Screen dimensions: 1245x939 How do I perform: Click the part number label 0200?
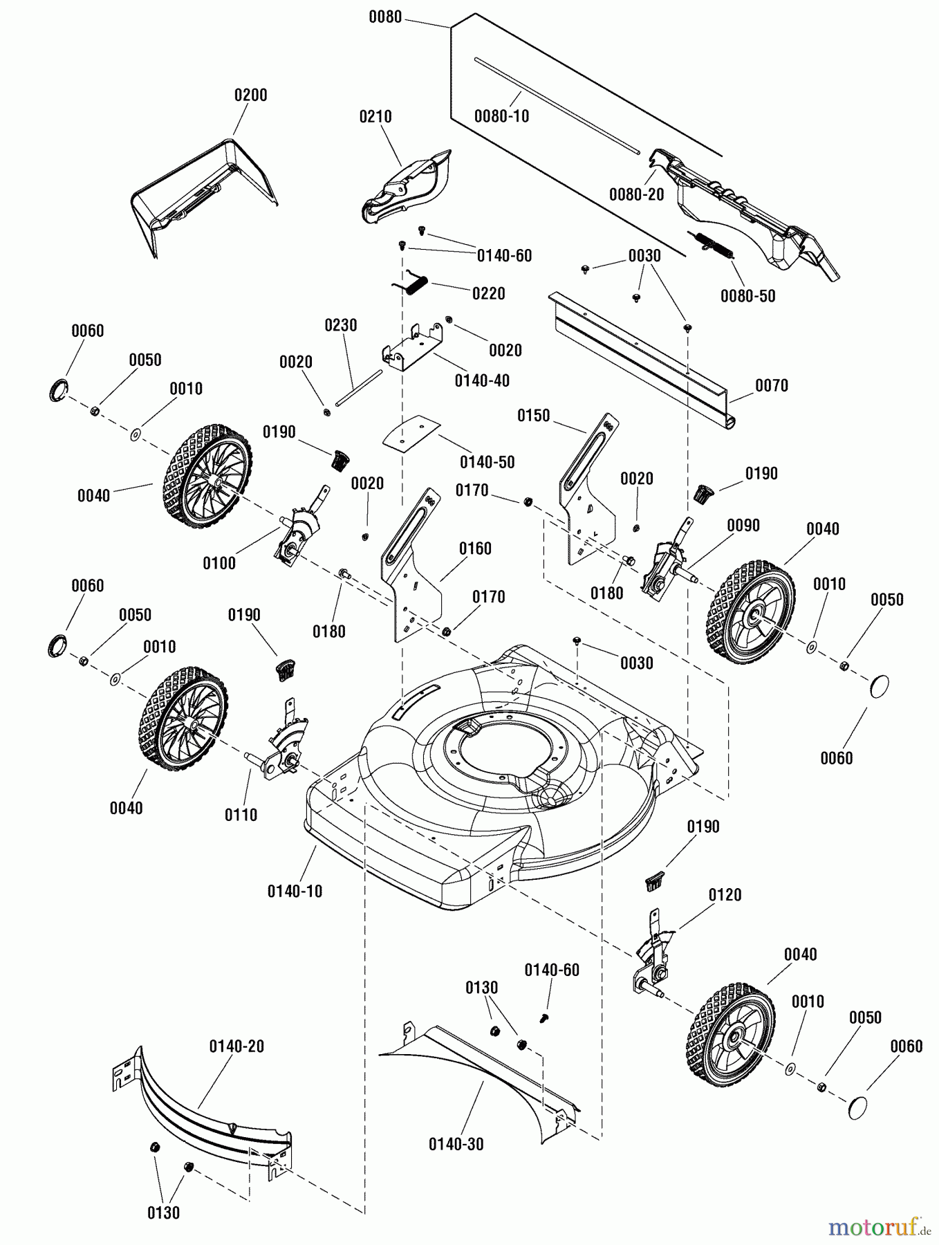250,95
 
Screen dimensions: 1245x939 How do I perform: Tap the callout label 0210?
375,117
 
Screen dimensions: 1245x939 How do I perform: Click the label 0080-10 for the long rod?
501,116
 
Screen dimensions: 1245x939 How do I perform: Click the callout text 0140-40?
482,380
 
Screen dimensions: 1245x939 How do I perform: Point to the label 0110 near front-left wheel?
241,815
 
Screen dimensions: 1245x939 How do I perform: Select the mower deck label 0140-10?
295,891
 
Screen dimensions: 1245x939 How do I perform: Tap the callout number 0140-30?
456,1144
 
